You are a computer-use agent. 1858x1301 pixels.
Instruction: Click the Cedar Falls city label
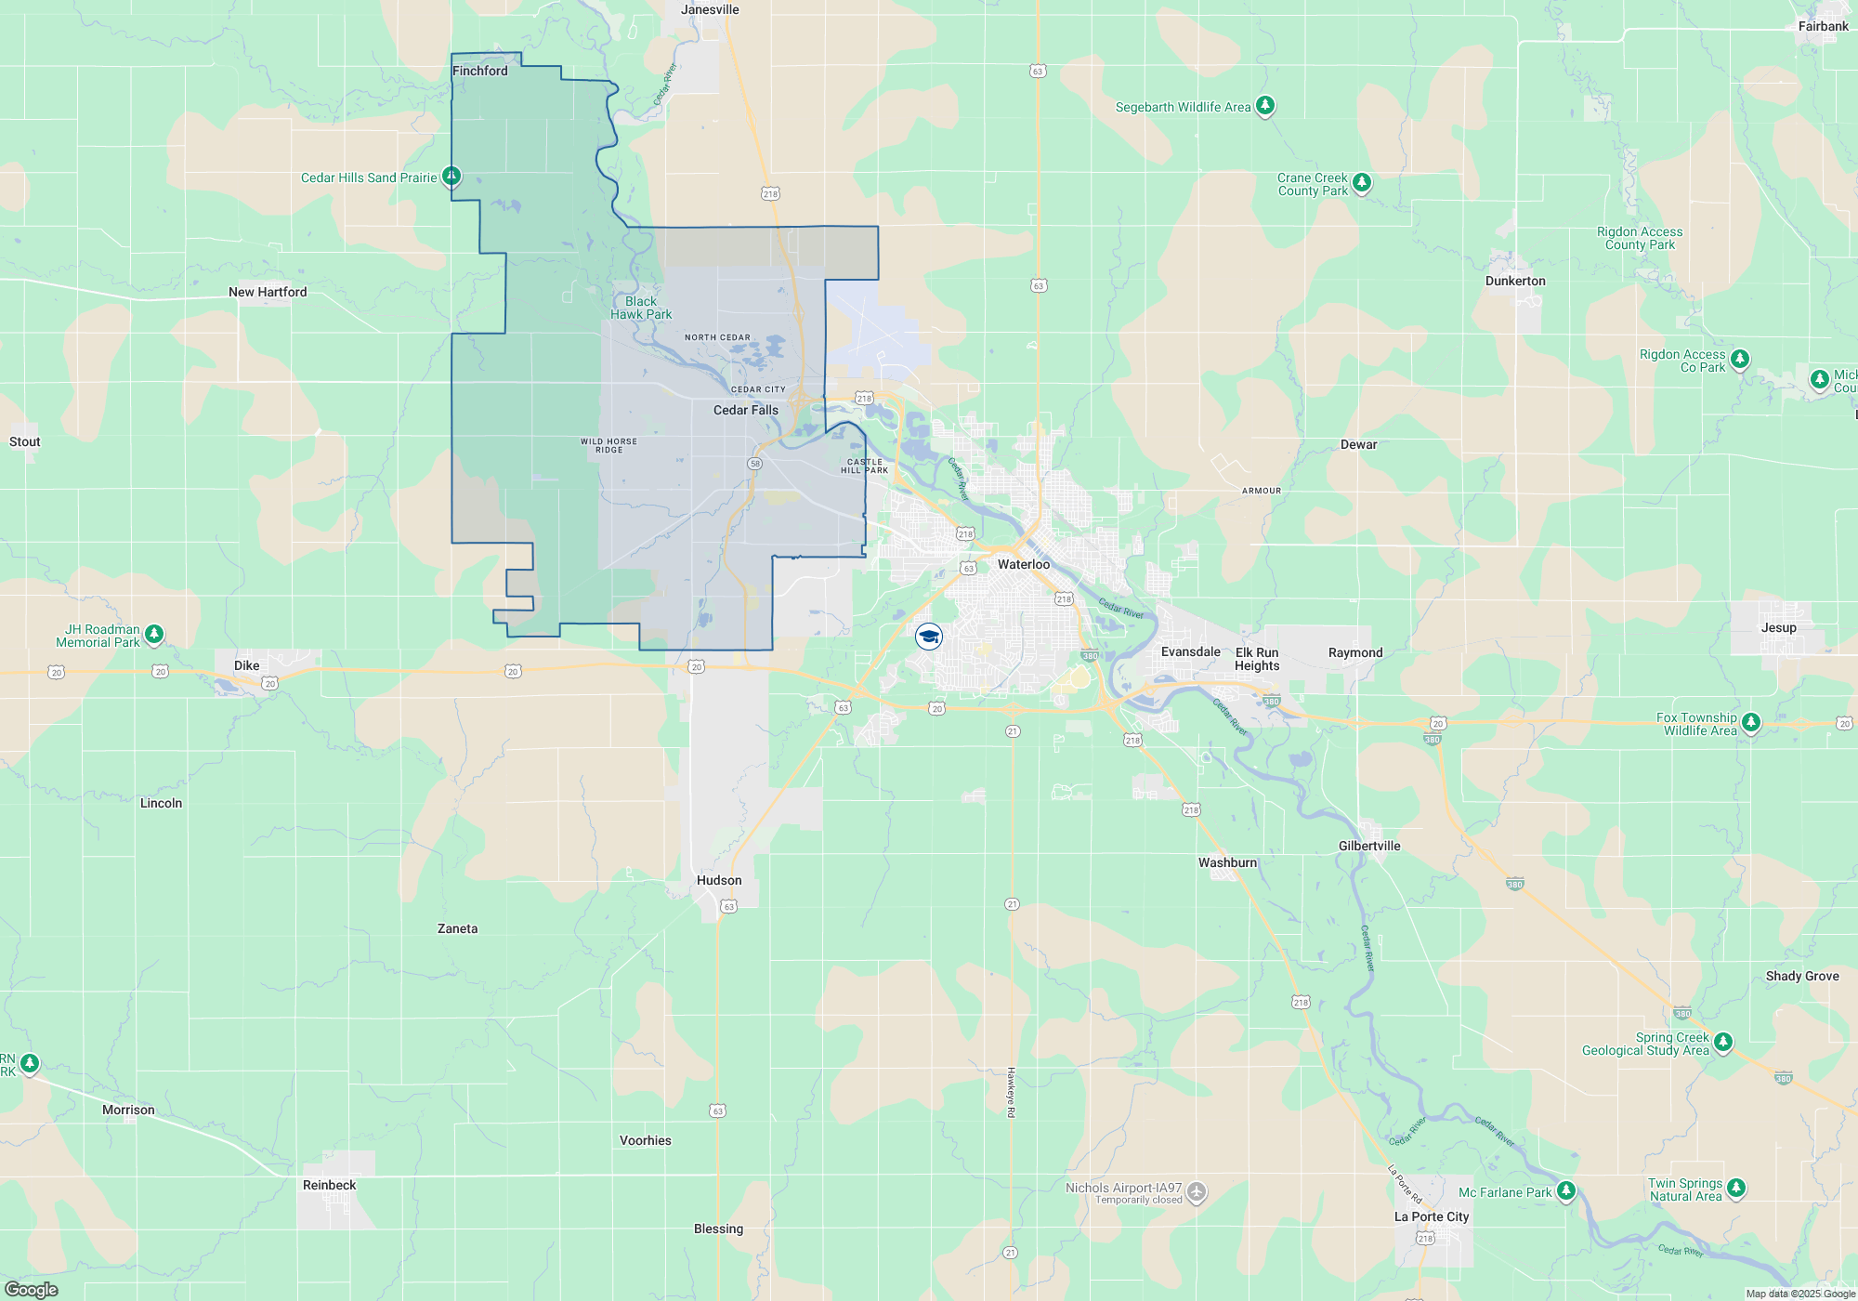pyautogui.click(x=745, y=410)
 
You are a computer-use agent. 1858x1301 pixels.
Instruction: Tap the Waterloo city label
pyautogui.click(x=1023, y=564)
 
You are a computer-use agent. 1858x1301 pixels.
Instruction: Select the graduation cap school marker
pyautogui.click(x=929, y=637)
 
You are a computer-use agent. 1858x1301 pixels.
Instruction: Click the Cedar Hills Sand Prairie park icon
pyautogui.click(x=451, y=176)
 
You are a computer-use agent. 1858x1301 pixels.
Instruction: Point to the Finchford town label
pyautogui.click(x=479, y=71)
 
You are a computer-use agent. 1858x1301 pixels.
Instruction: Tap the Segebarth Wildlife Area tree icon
pyautogui.click(x=1264, y=105)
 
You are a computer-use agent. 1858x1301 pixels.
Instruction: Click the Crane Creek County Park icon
pyautogui.click(x=1361, y=182)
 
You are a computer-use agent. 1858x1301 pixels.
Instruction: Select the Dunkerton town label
pyautogui.click(x=1515, y=281)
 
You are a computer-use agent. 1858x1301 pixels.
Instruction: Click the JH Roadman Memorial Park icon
pyautogui.click(x=154, y=634)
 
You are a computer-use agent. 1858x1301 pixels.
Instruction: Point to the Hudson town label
pyautogui.click(x=719, y=880)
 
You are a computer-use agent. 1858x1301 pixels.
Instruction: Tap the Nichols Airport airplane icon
pyautogui.click(x=1197, y=1191)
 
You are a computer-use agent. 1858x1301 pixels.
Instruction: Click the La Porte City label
pyautogui.click(x=1432, y=1216)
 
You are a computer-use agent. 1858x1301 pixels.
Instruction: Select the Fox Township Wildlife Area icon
pyautogui.click(x=1750, y=722)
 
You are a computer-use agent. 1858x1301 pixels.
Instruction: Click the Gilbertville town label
pyautogui.click(x=1369, y=846)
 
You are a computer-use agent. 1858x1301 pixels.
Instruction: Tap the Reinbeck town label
pyautogui.click(x=329, y=1185)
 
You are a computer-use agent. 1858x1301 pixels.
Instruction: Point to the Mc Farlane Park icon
pyautogui.click(x=1565, y=1190)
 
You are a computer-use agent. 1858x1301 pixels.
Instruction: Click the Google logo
pyautogui.click(x=32, y=1289)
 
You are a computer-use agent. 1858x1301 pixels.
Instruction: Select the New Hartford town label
pyautogui.click(x=268, y=292)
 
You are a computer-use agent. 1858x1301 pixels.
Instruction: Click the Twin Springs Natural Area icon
pyautogui.click(x=1735, y=1188)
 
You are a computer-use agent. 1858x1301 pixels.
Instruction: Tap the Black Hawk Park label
pyautogui.click(x=641, y=308)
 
